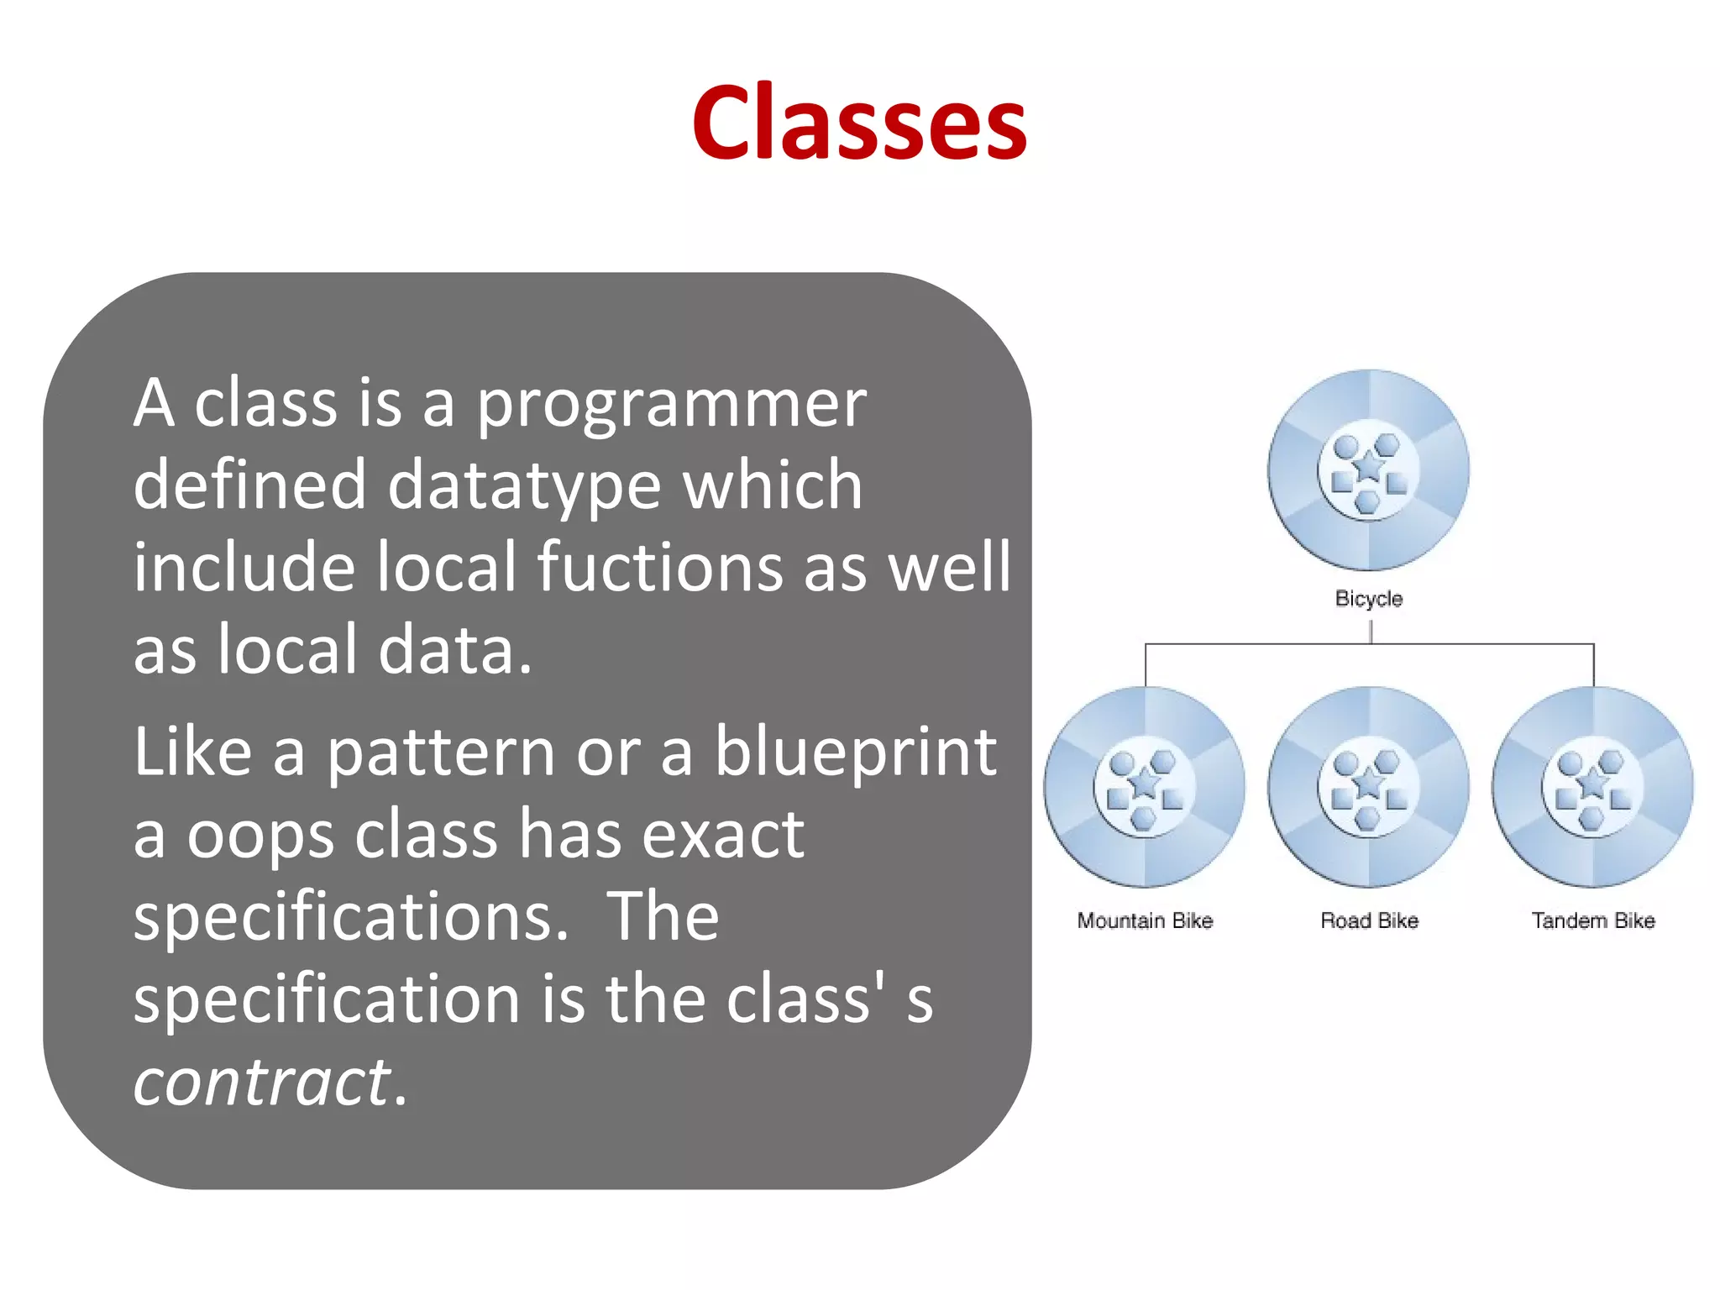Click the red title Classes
coord(859,123)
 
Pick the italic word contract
coord(262,1083)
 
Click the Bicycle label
coord(1368,599)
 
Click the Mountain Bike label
coord(1145,921)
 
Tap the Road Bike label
coord(1369,921)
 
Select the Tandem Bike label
coord(1592,921)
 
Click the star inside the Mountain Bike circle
coord(1144,784)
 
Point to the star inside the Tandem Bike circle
coord(1592,784)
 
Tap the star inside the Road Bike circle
coord(1369,784)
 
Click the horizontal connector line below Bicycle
coord(1260,644)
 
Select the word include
coord(244,567)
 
